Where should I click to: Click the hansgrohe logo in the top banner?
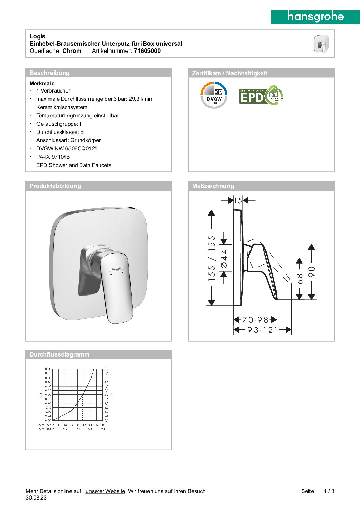pos(315,17)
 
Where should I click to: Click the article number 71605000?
pos(147,51)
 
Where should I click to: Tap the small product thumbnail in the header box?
pos(321,44)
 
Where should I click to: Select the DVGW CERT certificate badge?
pos(214,95)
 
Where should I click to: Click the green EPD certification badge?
pos(261,95)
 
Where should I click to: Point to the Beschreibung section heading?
pos(49,73)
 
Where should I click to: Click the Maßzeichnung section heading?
pos(213,186)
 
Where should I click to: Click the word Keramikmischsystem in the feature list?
pos(62,107)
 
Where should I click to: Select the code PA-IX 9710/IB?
pos(53,157)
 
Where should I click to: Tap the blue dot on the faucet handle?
pos(123,272)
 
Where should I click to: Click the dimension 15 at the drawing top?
pos(238,200)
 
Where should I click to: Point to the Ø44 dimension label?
pos(224,259)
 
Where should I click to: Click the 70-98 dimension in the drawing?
pos(255,320)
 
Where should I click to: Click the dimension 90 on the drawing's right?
pos(312,271)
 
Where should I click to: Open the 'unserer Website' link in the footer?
pos(105,491)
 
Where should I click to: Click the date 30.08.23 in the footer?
pos(36,498)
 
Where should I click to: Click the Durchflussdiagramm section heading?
pos(59,354)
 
